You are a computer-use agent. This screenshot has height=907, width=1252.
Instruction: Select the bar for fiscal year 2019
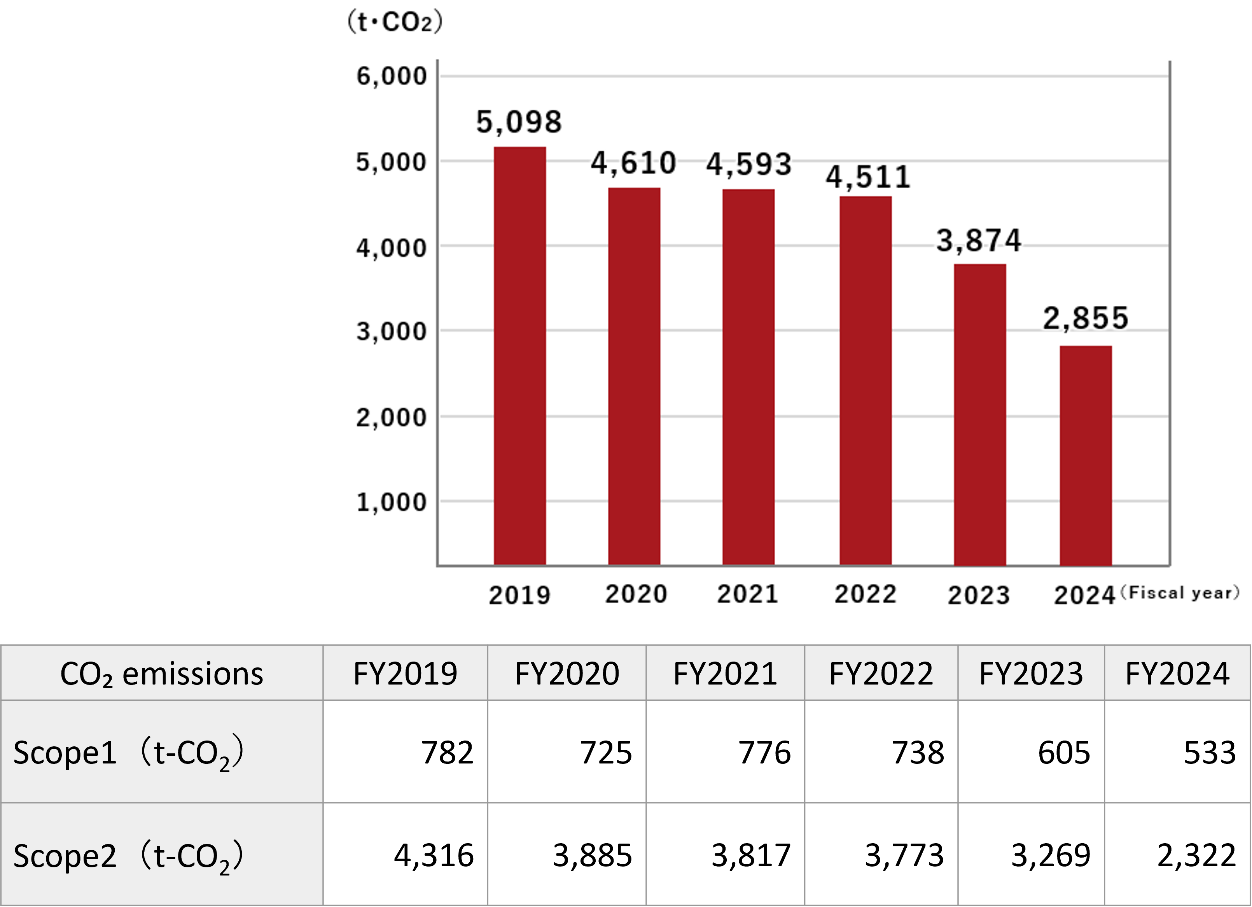tap(519, 356)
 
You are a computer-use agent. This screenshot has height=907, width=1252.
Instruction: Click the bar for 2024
tap(1085, 455)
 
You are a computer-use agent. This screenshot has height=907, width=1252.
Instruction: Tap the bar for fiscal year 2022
tap(865, 381)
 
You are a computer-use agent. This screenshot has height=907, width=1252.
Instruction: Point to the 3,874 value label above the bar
tap(979, 241)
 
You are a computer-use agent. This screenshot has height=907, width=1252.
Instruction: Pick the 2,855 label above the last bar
tap(1085, 319)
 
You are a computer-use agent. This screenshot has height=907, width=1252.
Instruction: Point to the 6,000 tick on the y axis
tap(392, 76)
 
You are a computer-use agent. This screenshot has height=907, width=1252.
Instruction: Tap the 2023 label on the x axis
tap(979, 595)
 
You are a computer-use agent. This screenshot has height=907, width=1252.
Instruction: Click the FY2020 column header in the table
tap(567, 674)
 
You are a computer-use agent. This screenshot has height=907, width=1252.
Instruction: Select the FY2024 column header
tap(1177, 674)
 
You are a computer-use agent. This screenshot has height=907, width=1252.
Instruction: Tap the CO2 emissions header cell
tap(162, 674)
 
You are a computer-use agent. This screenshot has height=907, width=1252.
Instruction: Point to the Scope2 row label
tap(128, 856)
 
